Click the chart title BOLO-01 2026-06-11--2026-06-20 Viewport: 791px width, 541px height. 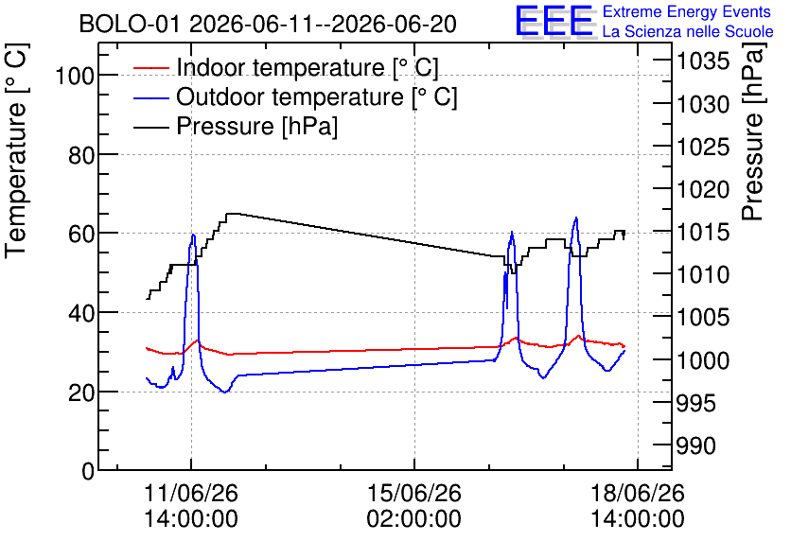tap(268, 24)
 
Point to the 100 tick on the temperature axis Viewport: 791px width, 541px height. tap(75, 76)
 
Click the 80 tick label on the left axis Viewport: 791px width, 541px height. tap(81, 155)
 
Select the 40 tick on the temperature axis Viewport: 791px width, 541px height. tap(81, 313)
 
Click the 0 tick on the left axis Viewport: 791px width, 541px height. tap(88, 471)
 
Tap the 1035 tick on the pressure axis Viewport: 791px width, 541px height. tap(703, 61)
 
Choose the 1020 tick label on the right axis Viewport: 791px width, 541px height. tap(703, 189)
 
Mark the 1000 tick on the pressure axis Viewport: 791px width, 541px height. tap(703, 360)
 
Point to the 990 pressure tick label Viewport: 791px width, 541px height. tap(695, 445)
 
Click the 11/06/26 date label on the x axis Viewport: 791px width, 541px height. tap(191, 493)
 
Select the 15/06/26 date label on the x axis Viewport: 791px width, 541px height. tap(414, 493)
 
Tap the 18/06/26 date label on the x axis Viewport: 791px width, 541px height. tap(638, 493)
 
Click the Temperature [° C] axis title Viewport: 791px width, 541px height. tap(16, 151)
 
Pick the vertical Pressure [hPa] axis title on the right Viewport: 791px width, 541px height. tap(753, 131)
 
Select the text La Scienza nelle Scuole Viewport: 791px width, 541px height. tap(688, 31)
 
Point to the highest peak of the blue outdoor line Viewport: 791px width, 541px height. tap(575, 218)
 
